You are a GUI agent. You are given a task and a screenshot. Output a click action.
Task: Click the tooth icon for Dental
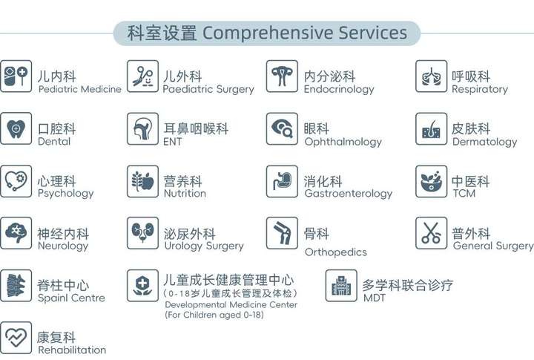coord(16,129)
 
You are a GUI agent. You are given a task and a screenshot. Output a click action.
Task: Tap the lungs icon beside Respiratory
coord(431,76)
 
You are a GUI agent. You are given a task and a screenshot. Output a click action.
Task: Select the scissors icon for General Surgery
coord(431,233)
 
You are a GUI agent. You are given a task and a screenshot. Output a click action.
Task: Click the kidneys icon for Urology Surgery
coord(142,233)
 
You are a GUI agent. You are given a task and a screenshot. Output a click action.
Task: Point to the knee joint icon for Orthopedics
coord(282,233)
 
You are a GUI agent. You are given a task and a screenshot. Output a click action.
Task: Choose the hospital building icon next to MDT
coord(341,286)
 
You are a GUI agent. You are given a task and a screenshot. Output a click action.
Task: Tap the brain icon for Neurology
coord(16,233)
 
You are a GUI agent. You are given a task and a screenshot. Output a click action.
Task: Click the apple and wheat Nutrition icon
coord(142,181)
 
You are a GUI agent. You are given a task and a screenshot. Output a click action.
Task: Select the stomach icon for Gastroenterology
coord(282,181)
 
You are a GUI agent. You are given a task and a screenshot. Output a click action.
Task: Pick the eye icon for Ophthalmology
coord(282,129)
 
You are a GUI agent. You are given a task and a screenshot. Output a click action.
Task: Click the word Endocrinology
coord(339,89)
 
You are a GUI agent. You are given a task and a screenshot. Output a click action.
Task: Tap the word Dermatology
coord(484,142)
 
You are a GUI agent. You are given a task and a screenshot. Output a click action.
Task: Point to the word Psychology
coord(66,194)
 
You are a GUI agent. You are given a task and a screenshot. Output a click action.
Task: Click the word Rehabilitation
coord(72,350)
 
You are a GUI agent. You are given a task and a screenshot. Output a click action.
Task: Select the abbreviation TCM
coord(464,193)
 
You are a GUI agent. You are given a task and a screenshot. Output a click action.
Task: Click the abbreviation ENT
coord(173,142)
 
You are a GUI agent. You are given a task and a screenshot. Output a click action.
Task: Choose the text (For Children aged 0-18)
coord(214,315)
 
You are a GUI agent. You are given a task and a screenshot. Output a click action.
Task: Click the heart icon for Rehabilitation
coord(16,338)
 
